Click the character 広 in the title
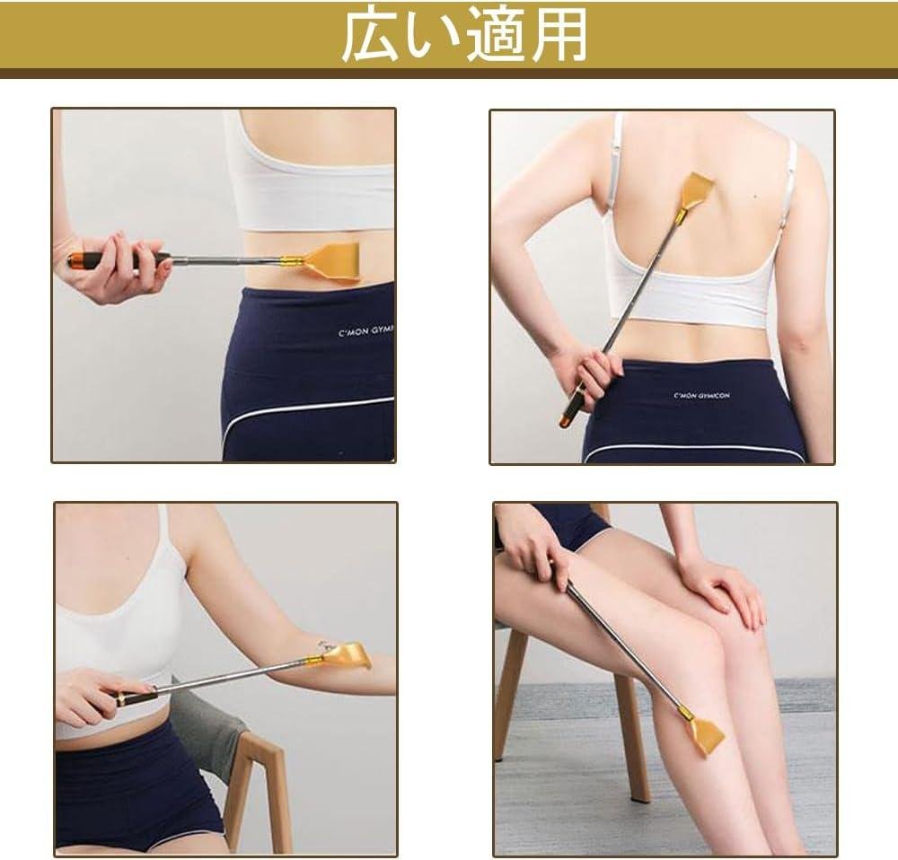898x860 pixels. pos(371,37)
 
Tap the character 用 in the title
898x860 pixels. pos(559,37)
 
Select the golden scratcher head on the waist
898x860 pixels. pos(330,263)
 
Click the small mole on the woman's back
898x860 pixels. pos(754,197)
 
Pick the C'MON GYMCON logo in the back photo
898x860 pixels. pos(701,395)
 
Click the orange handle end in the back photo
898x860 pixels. pos(565,421)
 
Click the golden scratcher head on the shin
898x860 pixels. pos(706,734)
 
